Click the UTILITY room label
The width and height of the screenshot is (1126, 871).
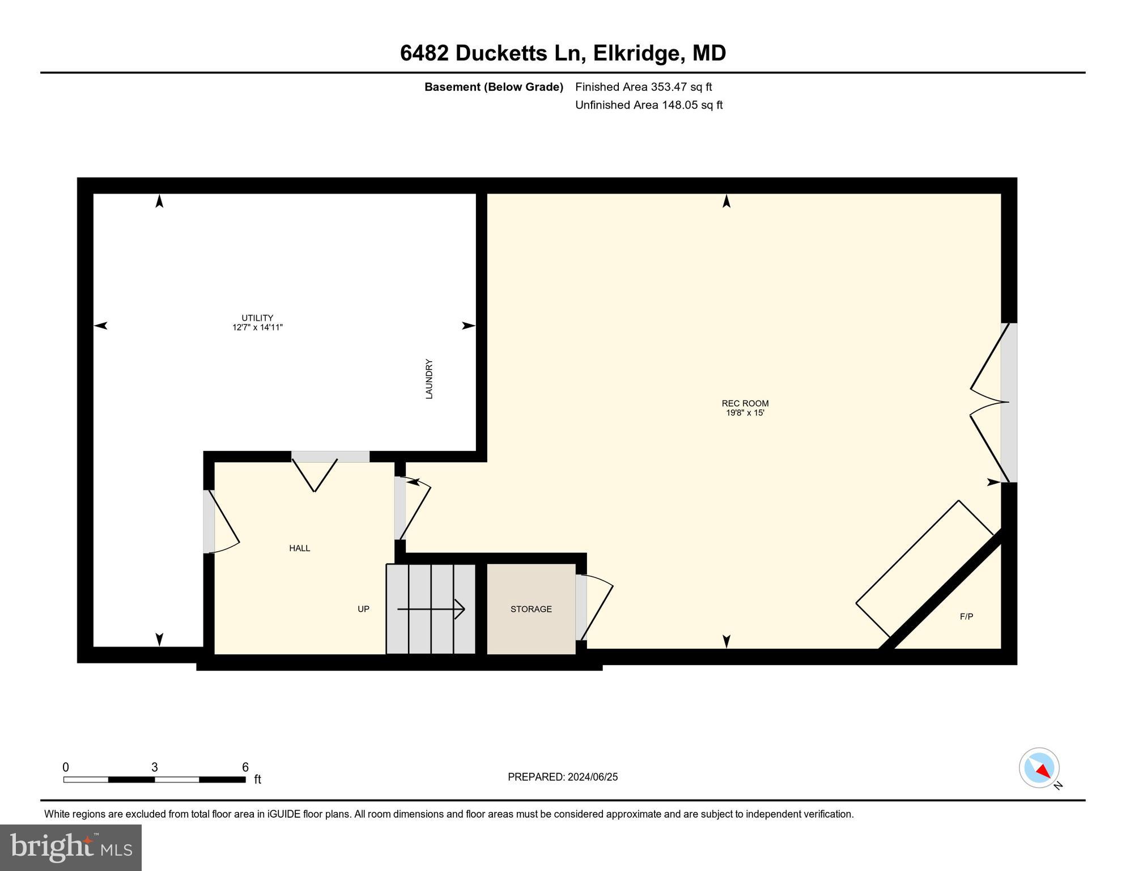click(x=257, y=318)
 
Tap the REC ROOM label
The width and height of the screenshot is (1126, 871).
click(x=745, y=403)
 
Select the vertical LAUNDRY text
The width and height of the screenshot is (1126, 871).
click(x=429, y=379)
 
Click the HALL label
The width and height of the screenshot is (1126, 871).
click(x=299, y=548)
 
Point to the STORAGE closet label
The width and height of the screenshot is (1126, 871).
click(x=530, y=609)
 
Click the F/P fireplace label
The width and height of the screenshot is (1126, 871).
click(x=966, y=616)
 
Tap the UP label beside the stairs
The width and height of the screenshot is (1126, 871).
click(x=363, y=609)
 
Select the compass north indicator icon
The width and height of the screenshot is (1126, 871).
click(x=1039, y=768)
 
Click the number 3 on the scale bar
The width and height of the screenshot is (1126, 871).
click(x=154, y=767)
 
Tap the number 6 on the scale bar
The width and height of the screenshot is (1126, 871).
click(x=245, y=767)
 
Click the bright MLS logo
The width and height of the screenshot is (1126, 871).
click(x=71, y=847)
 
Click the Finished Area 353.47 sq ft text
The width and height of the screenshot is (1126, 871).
click(x=643, y=87)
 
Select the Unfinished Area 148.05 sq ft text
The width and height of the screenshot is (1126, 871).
click(x=648, y=105)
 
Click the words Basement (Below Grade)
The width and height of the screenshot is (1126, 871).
click(x=494, y=87)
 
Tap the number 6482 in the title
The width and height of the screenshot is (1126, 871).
click(x=424, y=53)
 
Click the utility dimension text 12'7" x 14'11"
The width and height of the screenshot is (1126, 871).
click(x=257, y=327)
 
